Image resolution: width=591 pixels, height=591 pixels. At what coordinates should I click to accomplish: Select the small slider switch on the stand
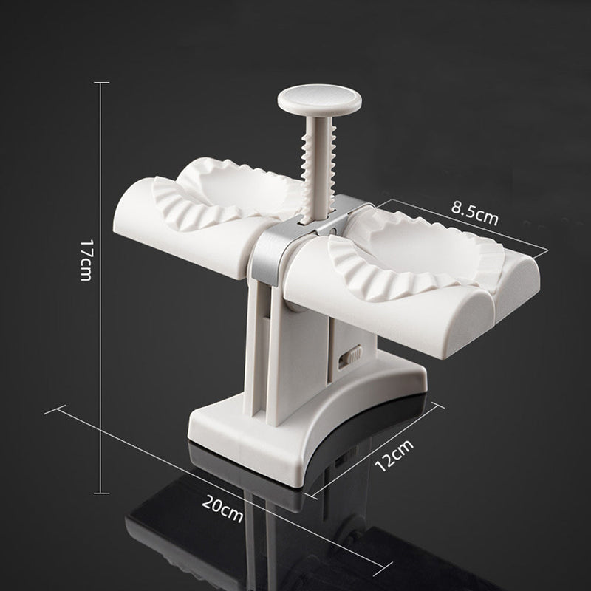click(x=349, y=359)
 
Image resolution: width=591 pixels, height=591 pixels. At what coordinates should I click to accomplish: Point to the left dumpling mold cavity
click(x=222, y=196)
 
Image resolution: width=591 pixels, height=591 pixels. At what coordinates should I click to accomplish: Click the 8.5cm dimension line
click(x=465, y=225)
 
